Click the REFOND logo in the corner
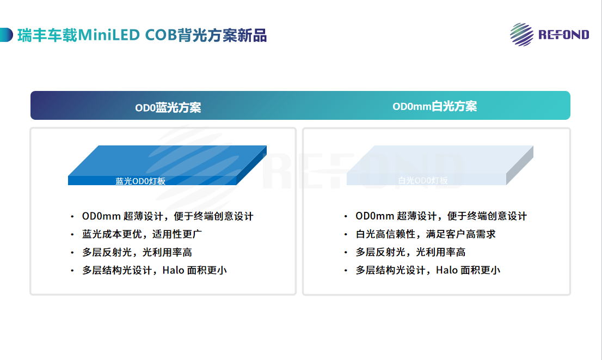549,34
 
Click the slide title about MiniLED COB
142,35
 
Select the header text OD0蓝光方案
168,107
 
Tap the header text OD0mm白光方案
434,106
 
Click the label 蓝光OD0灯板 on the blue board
140,181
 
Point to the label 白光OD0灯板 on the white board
423,180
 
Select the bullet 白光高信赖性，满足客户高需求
426,234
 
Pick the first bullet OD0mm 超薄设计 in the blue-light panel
168,216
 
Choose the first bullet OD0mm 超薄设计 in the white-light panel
441,216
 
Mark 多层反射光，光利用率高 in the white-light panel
410,252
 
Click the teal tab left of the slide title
6,35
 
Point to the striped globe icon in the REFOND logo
521,34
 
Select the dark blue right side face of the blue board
253,166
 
